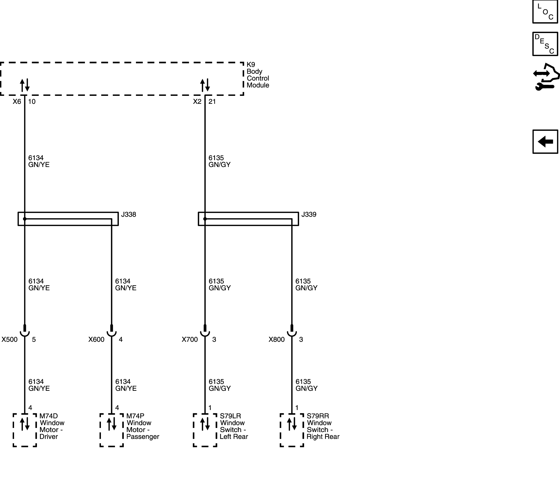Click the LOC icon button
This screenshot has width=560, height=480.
tap(545, 12)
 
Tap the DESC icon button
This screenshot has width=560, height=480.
tap(545, 44)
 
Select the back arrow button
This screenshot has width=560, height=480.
tap(545, 142)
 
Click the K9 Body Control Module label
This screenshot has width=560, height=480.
tap(258, 75)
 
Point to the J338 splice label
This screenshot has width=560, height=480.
tap(128, 215)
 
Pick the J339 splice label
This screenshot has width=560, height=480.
tap(309, 215)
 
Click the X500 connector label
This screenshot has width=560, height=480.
tap(10, 340)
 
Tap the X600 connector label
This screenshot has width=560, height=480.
tap(96, 340)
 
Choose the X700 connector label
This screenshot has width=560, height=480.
tap(190, 340)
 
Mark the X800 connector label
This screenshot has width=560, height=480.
tap(277, 340)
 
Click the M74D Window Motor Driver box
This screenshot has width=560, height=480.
tap(25, 430)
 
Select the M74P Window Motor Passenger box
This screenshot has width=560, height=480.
tap(112, 430)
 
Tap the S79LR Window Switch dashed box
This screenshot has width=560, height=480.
tap(205, 430)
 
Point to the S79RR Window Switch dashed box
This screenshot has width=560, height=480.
tap(292, 430)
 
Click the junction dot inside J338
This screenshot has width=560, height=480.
tap(25, 219)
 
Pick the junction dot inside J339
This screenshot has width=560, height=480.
tap(205, 219)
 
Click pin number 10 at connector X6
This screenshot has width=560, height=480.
tap(32, 102)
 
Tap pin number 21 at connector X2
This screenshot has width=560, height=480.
tap(212, 102)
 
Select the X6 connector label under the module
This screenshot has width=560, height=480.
tap(17, 102)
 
